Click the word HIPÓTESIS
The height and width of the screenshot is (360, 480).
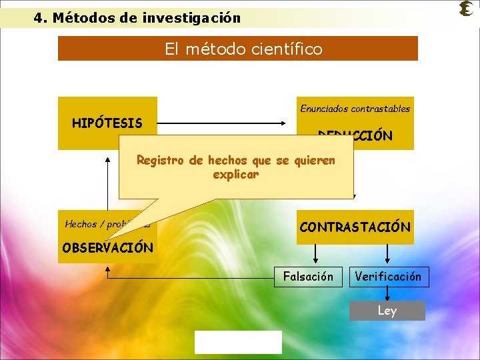click(107, 123)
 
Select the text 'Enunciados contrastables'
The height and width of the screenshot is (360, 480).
click(355, 108)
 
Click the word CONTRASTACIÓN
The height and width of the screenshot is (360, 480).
click(355, 227)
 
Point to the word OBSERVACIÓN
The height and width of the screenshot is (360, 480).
click(107, 248)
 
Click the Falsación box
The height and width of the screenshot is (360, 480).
click(308, 276)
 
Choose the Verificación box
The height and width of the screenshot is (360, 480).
click(389, 276)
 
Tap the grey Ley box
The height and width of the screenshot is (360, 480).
click(387, 311)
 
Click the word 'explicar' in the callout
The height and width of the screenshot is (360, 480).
click(235, 175)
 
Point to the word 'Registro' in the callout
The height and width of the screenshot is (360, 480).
click(160, 160)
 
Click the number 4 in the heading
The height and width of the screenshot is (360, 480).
click(38, 18)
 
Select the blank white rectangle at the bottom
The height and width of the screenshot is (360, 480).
click(238, 342)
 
